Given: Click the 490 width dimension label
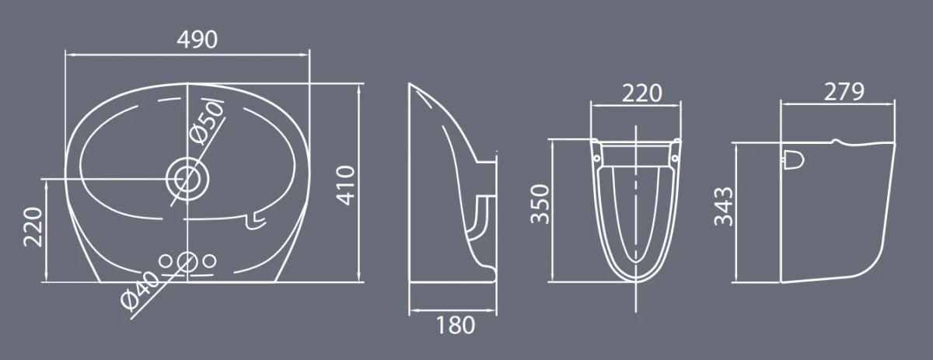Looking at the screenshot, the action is tap(197, 40).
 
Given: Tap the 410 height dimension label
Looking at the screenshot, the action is tap(346, 185).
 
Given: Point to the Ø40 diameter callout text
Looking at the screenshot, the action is tap(140, 291).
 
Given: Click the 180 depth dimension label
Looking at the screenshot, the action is tap(456, 326).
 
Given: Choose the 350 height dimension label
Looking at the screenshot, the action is tap(540, 204).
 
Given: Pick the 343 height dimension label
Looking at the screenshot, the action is tap(723, 206).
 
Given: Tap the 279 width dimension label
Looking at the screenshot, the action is tap(844, 92).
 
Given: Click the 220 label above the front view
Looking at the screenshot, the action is tap(642, 93).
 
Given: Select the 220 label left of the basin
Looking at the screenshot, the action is tap(33, 227).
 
